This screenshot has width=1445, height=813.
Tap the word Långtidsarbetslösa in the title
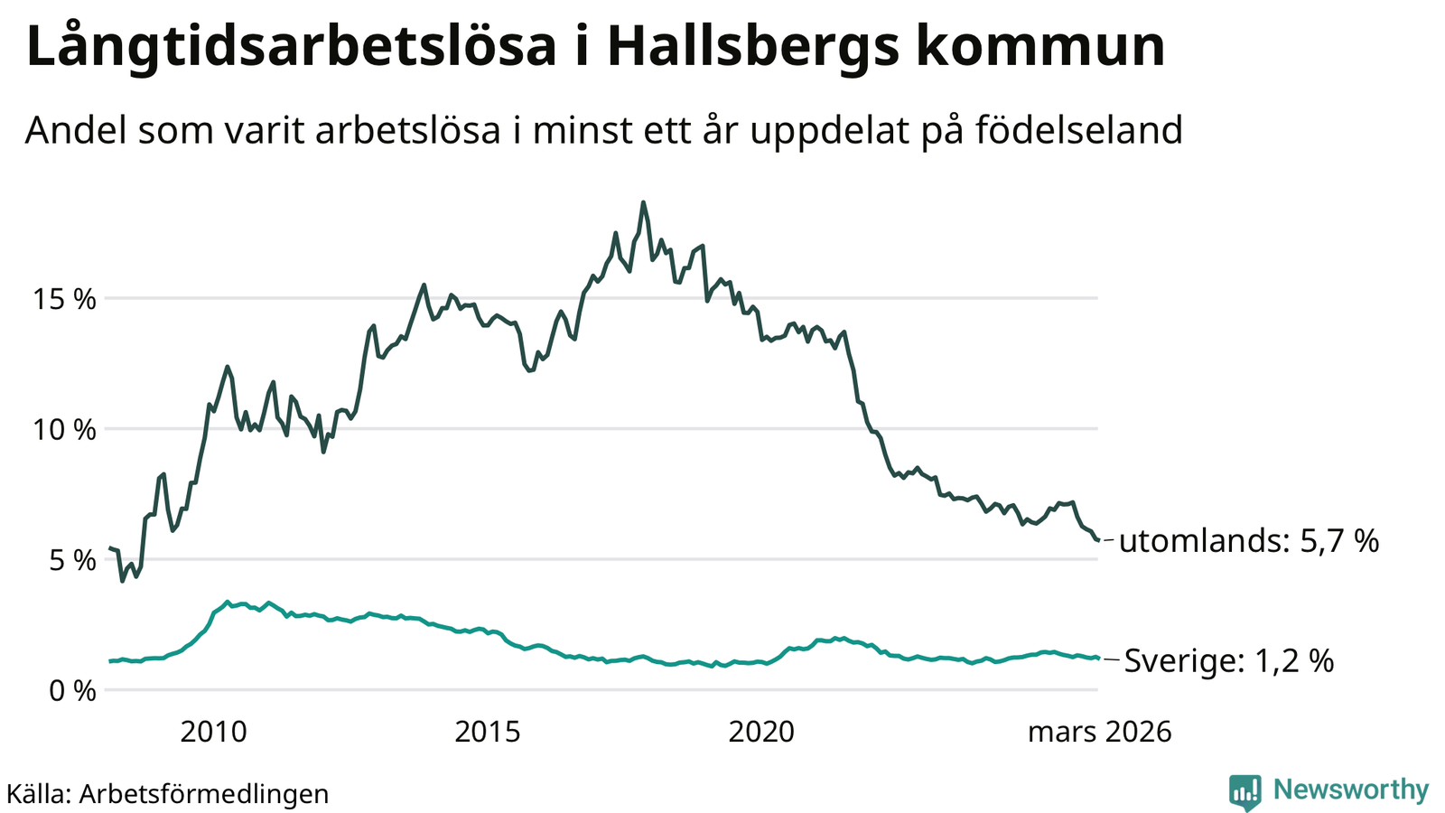pos(292,47)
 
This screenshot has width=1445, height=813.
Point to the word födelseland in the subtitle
pos(1078,130)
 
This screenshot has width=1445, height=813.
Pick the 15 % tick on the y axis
pos(64,299)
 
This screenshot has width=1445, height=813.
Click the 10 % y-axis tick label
pos(64,430)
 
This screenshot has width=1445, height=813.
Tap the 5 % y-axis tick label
pos(70,561)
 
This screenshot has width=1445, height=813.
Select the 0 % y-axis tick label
pos(70,692)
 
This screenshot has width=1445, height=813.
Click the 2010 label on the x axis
pos(213,732)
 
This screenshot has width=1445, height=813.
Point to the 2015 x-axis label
pos(488,732)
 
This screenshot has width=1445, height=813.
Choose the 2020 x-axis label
pos(761,732)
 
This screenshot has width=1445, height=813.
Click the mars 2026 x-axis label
pos(1099,732)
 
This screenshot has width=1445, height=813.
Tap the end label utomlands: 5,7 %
pos(1249,541)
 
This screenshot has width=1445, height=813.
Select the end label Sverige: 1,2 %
pos(1228,661)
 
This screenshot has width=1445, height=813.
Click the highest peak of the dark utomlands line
pos(643,202)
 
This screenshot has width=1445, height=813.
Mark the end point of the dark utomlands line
pos(1097,540)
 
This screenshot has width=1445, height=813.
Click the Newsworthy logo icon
pos(1245,792)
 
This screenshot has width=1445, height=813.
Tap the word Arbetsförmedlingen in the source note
pos(204,794)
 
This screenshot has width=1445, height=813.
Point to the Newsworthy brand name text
pos(1351,790)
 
